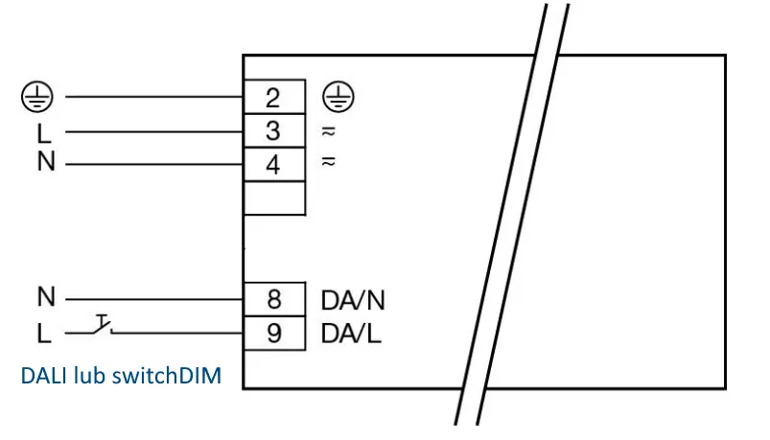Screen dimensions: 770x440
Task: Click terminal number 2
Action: click(x=273, y=98)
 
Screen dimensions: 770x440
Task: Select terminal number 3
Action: click(x=273, y=130)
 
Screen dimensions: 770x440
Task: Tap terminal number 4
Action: click(x=273, y=165)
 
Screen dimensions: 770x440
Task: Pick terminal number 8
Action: click(x=274, y=299)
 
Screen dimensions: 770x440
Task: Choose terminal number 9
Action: click(x=274, y=333)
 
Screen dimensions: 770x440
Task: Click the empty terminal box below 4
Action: click(x=274, y=198)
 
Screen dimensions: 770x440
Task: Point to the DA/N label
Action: click(x=353, y=300)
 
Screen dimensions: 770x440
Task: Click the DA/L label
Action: click(x=351, y=334)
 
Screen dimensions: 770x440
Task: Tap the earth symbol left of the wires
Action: click(x=36, y=96)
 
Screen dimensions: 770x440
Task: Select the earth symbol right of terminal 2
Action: click(x=338, y=96)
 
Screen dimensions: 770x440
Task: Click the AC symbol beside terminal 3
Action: click(x=329, y=131)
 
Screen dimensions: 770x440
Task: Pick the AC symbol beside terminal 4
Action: click(x=329, y=161)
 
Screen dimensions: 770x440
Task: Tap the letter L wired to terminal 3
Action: click(x=44, y=132)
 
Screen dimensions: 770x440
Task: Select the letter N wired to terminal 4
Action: click(x=46, y=161)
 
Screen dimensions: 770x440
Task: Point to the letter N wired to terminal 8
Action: click(x=46, y=296)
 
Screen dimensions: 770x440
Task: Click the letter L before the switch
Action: click(x=44, y=334)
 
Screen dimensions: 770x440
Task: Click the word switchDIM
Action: click(x=167, y=376)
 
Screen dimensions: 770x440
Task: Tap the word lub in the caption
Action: click(x=90, y=376)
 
